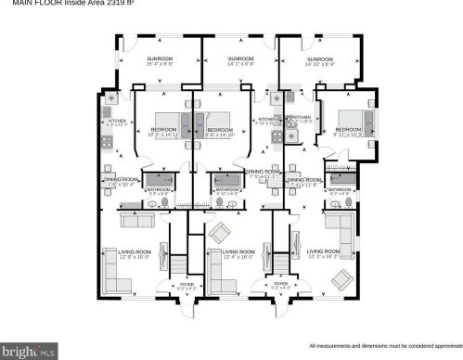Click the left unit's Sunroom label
pos(159,61)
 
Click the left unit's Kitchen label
pos(116,122)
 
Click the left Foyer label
pos(187,287)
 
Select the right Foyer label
pos(283,287)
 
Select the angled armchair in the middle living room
pos(221,232)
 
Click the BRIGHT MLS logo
pos(30,351)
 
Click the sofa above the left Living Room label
pos(137,221)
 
